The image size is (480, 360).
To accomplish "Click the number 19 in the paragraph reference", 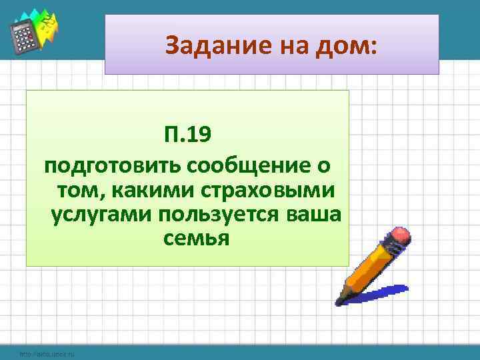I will pos(198,136).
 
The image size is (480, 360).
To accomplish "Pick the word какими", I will pos(143,191).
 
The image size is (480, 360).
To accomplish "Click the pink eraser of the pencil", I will pos(401,237).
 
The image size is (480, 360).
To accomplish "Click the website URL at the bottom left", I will pos(47,353).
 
